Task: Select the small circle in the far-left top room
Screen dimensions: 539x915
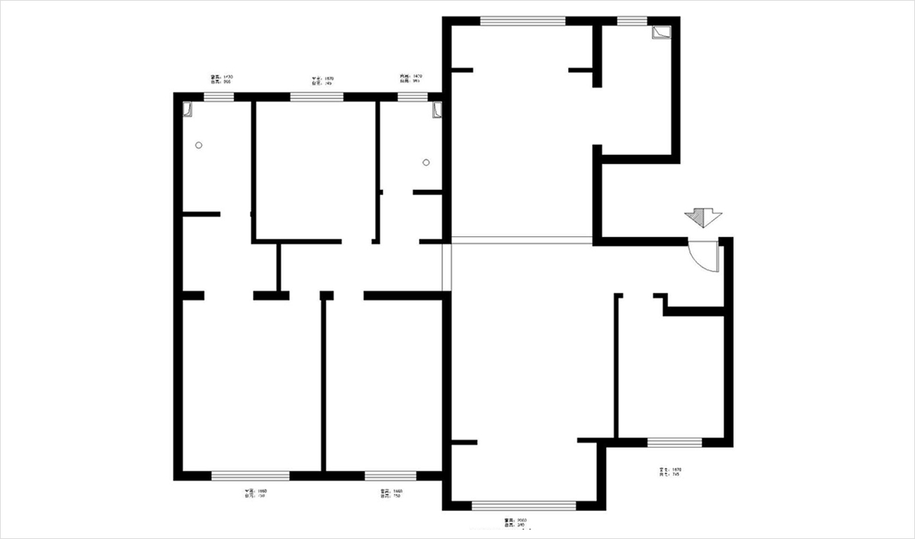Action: click(199, 145)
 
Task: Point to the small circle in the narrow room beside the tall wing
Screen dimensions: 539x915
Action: click(426, 162)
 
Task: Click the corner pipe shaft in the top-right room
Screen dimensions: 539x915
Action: click(660, 32)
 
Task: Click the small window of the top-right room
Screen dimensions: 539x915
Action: click(631, 21)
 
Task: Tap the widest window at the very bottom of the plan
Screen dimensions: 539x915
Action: click(523, 505)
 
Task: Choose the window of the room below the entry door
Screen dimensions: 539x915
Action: click(674, 441)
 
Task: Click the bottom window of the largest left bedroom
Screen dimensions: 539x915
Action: click(250, 476)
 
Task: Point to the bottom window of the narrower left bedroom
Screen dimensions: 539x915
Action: click(385, 476)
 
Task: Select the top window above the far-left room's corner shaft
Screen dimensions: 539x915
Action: click(218, 97)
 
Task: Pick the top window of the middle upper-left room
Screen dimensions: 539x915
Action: click(316, 97)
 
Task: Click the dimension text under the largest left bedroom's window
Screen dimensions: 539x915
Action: click(255, 493)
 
